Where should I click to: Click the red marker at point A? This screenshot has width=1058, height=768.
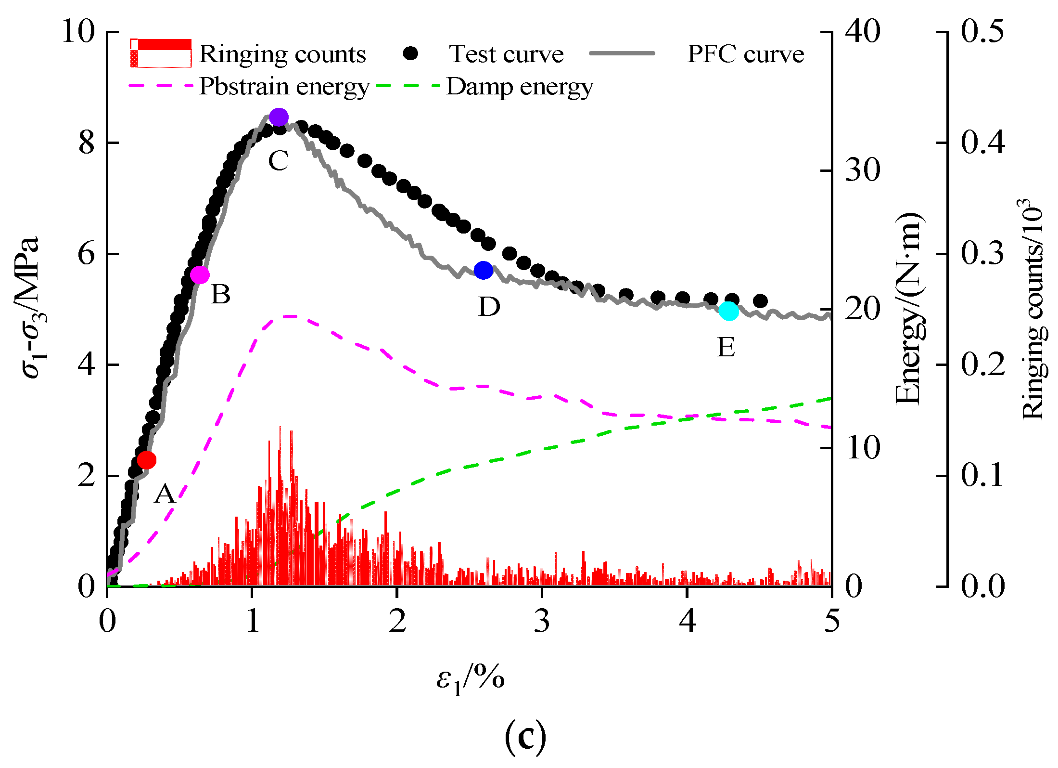coord(147,460)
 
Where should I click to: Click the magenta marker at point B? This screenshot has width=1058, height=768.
coord(200,275)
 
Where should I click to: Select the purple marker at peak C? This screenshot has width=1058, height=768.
coord(279,117)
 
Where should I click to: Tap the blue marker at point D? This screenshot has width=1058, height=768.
coord(484,271)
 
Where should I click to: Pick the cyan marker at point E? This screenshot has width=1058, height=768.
coord(729,311)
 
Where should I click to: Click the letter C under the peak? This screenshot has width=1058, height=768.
coord(278,161)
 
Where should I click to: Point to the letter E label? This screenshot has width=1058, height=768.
coord(726,347)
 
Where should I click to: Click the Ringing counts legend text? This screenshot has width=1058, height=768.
coord(282,54)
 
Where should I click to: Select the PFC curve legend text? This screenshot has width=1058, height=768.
coord(745,54)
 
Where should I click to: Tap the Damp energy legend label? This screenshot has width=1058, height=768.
coord(520,87)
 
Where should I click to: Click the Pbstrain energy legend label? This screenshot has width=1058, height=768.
coord(284,87)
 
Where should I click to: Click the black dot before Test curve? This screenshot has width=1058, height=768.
coord(410,53)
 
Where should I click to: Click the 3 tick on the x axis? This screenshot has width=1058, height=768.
coord(542,621)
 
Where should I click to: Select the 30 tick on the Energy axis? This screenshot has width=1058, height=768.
coord(863,170)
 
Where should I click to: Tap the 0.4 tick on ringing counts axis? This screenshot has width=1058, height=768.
coord(983,143)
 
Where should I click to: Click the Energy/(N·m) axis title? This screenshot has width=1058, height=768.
coord(908,308)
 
